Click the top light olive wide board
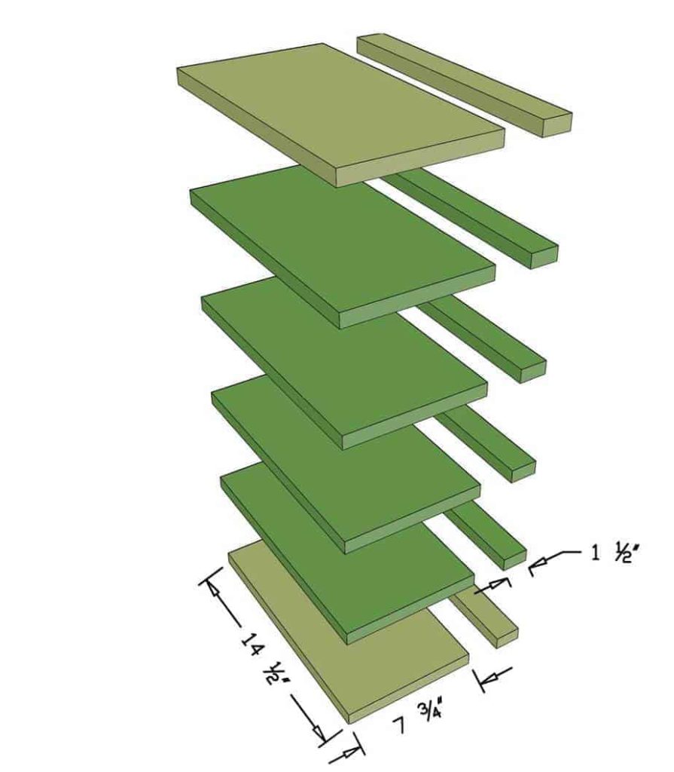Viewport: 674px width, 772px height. coord(339,109)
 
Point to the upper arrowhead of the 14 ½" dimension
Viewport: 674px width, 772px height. coord(215,591)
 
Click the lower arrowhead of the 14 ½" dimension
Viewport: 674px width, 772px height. coord(319,731)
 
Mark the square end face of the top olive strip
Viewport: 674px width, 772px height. coord(556,124)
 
